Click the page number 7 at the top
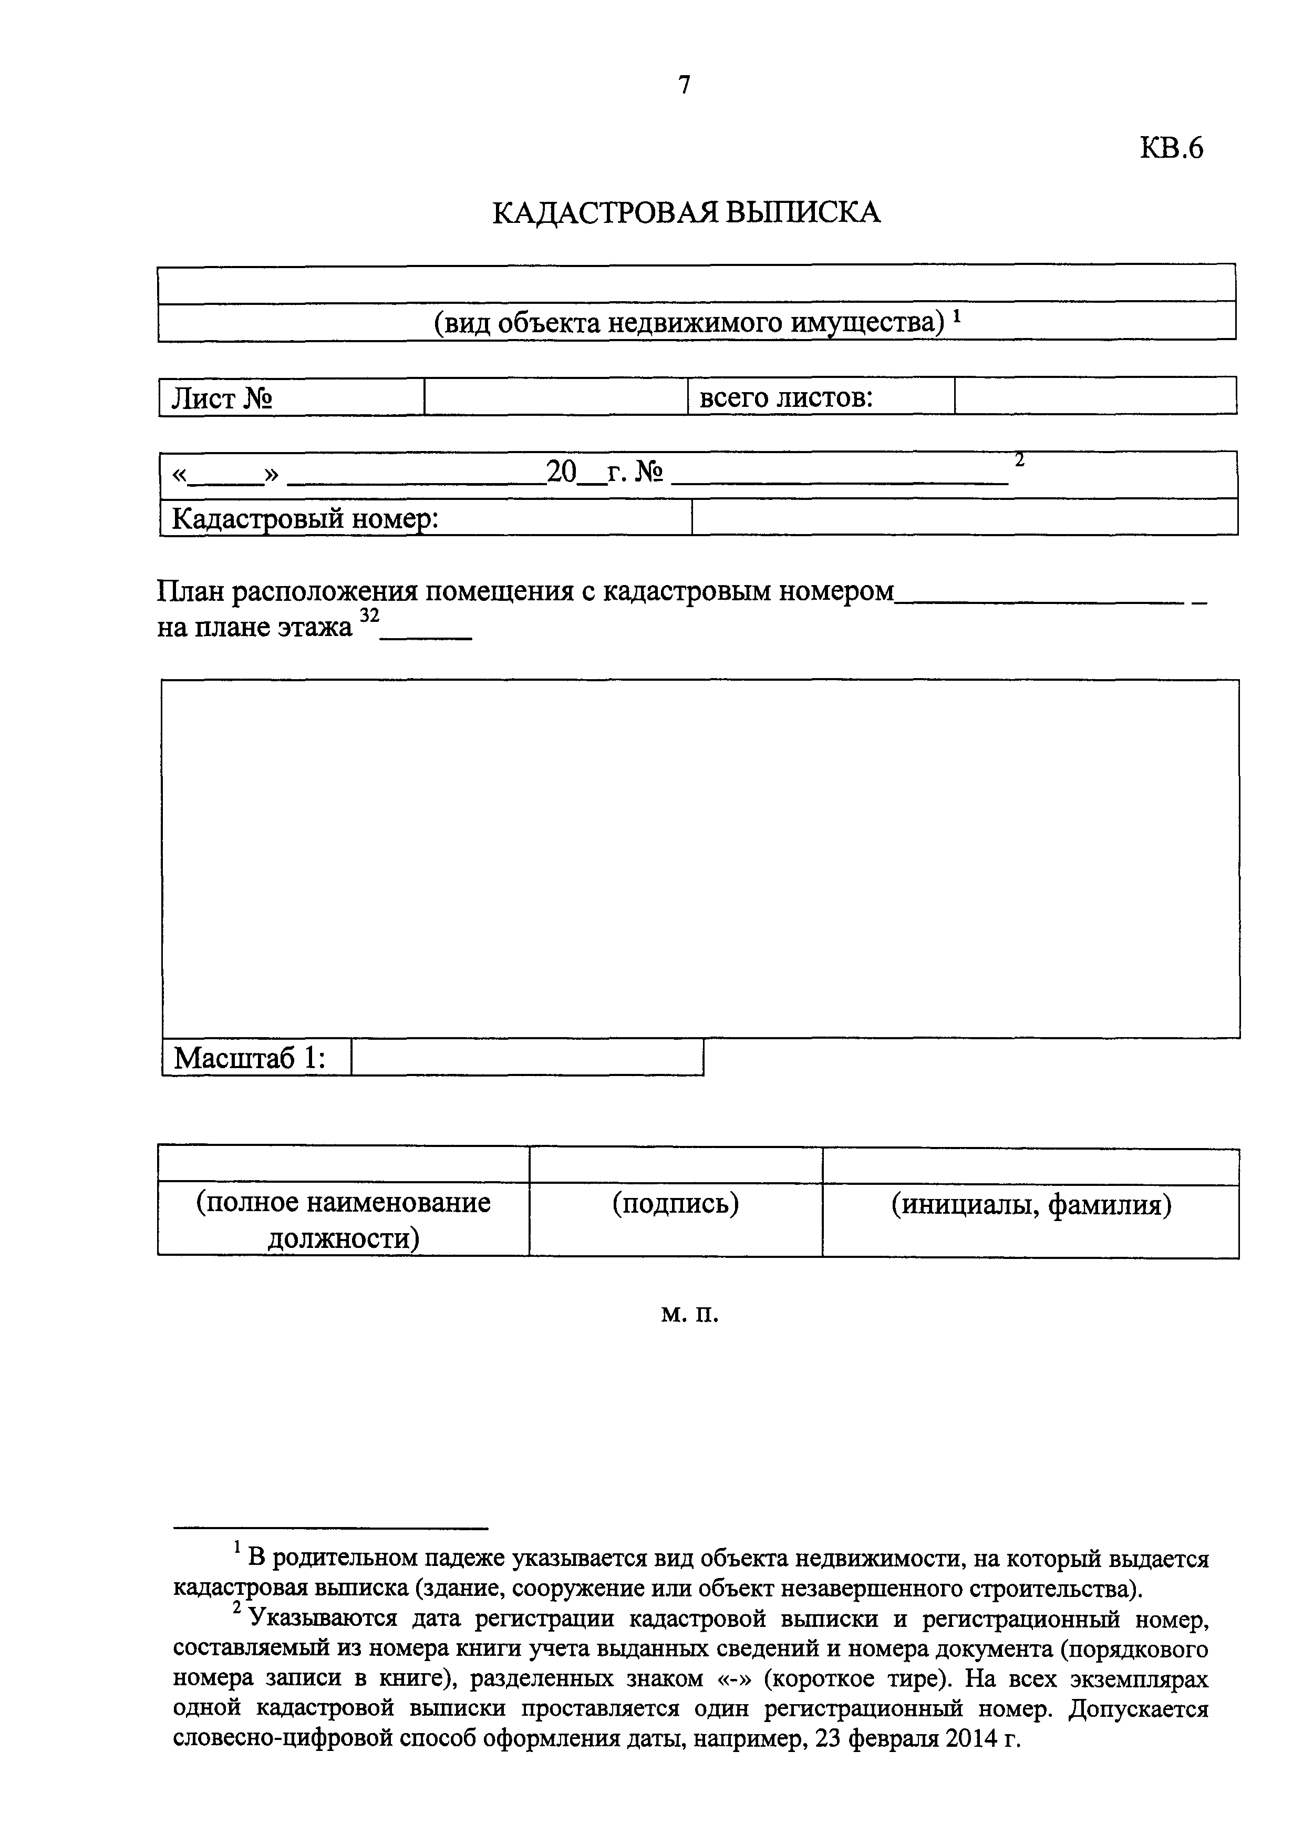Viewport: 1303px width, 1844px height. pyautogui.click(x=684, y=84)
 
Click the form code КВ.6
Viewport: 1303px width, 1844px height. pyautogui.click(x=1171, y=149)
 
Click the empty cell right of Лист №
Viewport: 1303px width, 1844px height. pyautogui.click(x=555, y=397)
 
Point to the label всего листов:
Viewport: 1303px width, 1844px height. pyautogui.click(x=786, y=397)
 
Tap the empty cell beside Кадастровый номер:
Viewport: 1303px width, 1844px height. pyautogui.click(x=964, y=517)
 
